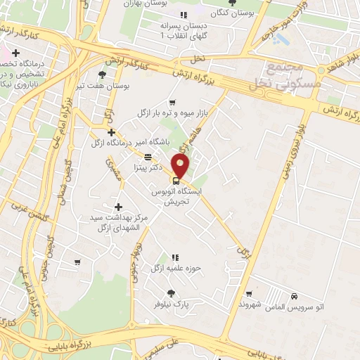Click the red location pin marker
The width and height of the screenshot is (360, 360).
181,166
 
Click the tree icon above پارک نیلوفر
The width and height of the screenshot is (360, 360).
169,290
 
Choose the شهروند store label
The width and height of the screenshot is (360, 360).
250,304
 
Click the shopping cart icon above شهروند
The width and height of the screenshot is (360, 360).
250,293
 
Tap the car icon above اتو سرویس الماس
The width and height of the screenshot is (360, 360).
302,296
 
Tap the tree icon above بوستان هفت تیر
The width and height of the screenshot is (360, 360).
103,75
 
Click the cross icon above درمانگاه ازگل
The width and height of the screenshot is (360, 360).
111,132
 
